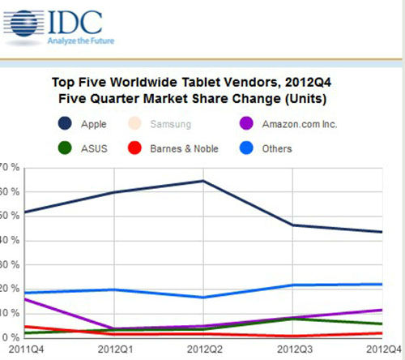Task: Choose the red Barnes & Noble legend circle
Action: (160, 148)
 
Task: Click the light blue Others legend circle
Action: (248, 148)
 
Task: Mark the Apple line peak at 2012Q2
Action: (202, 181)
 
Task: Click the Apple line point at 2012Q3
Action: (292, 225)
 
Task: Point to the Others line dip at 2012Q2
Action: (202, 297)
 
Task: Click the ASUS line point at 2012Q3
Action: (292, 319)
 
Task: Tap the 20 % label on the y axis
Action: (10, 289)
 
